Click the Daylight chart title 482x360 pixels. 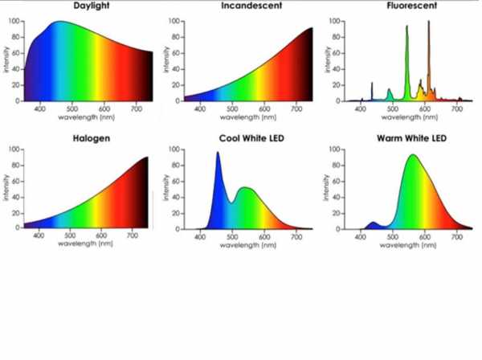pos(92,6)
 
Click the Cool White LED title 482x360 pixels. pos(251,138)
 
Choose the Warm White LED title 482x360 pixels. pos(411,138)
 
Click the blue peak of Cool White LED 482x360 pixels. pos(217,153)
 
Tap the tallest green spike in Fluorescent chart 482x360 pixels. pos(406,27)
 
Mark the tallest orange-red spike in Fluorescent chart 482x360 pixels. pos(429,22)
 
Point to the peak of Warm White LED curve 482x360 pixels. pos(413,156)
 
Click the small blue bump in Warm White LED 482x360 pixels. pos(371,223)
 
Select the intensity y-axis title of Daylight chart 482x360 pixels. pos(6,61)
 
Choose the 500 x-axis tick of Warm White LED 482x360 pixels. pos(393,237)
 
